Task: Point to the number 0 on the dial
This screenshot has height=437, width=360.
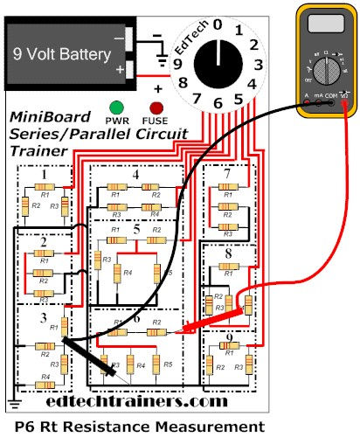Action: coord(218,24)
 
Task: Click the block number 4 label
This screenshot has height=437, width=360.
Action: coord(135,175)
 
